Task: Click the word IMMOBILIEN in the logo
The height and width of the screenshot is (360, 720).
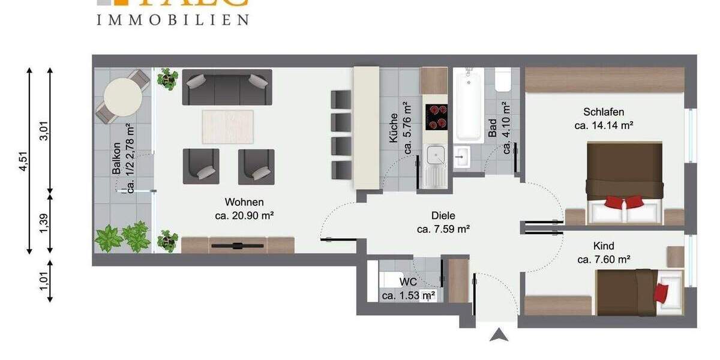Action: point(173,20)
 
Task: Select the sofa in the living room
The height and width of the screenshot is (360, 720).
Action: point(227,87)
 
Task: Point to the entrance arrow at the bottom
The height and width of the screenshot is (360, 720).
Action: point(499,334)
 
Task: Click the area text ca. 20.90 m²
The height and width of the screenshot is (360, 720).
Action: point(244,214)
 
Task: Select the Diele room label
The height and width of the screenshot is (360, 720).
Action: point(443,215)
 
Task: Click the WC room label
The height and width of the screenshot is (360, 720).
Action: point(408,282)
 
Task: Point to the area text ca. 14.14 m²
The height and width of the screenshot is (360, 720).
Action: point(604,125)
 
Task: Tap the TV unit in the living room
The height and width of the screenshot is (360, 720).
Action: point(238,245)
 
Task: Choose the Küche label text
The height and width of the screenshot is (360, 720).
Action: point(394,128)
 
